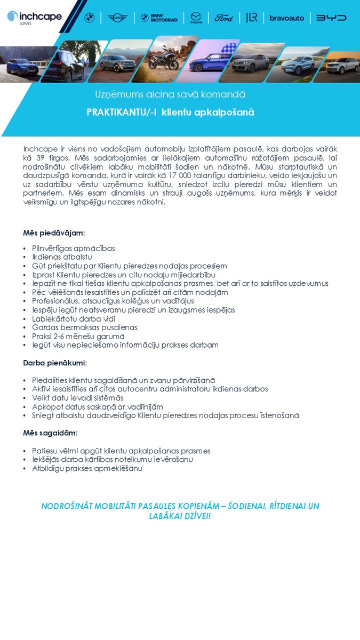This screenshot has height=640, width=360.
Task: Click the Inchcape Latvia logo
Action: (34, 18)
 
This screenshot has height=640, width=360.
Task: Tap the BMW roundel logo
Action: (90, 18)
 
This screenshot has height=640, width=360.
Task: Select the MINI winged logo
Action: (117, 18)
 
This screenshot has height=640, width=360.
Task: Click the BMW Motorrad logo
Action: (159, 18)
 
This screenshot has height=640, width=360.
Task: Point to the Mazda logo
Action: (196, 18)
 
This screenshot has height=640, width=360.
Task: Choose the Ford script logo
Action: (224, 18)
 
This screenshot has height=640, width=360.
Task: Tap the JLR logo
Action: (252, 18)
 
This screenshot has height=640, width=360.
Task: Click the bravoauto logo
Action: (286, 18)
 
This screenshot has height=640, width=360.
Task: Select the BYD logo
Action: (331, 18)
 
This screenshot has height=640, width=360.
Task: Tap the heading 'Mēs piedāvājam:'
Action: (54, 233)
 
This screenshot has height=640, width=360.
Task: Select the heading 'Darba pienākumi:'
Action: (55, 363)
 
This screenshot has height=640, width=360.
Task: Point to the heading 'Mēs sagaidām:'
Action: (50, 433)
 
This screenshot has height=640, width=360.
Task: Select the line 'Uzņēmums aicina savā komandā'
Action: (170, 94)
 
